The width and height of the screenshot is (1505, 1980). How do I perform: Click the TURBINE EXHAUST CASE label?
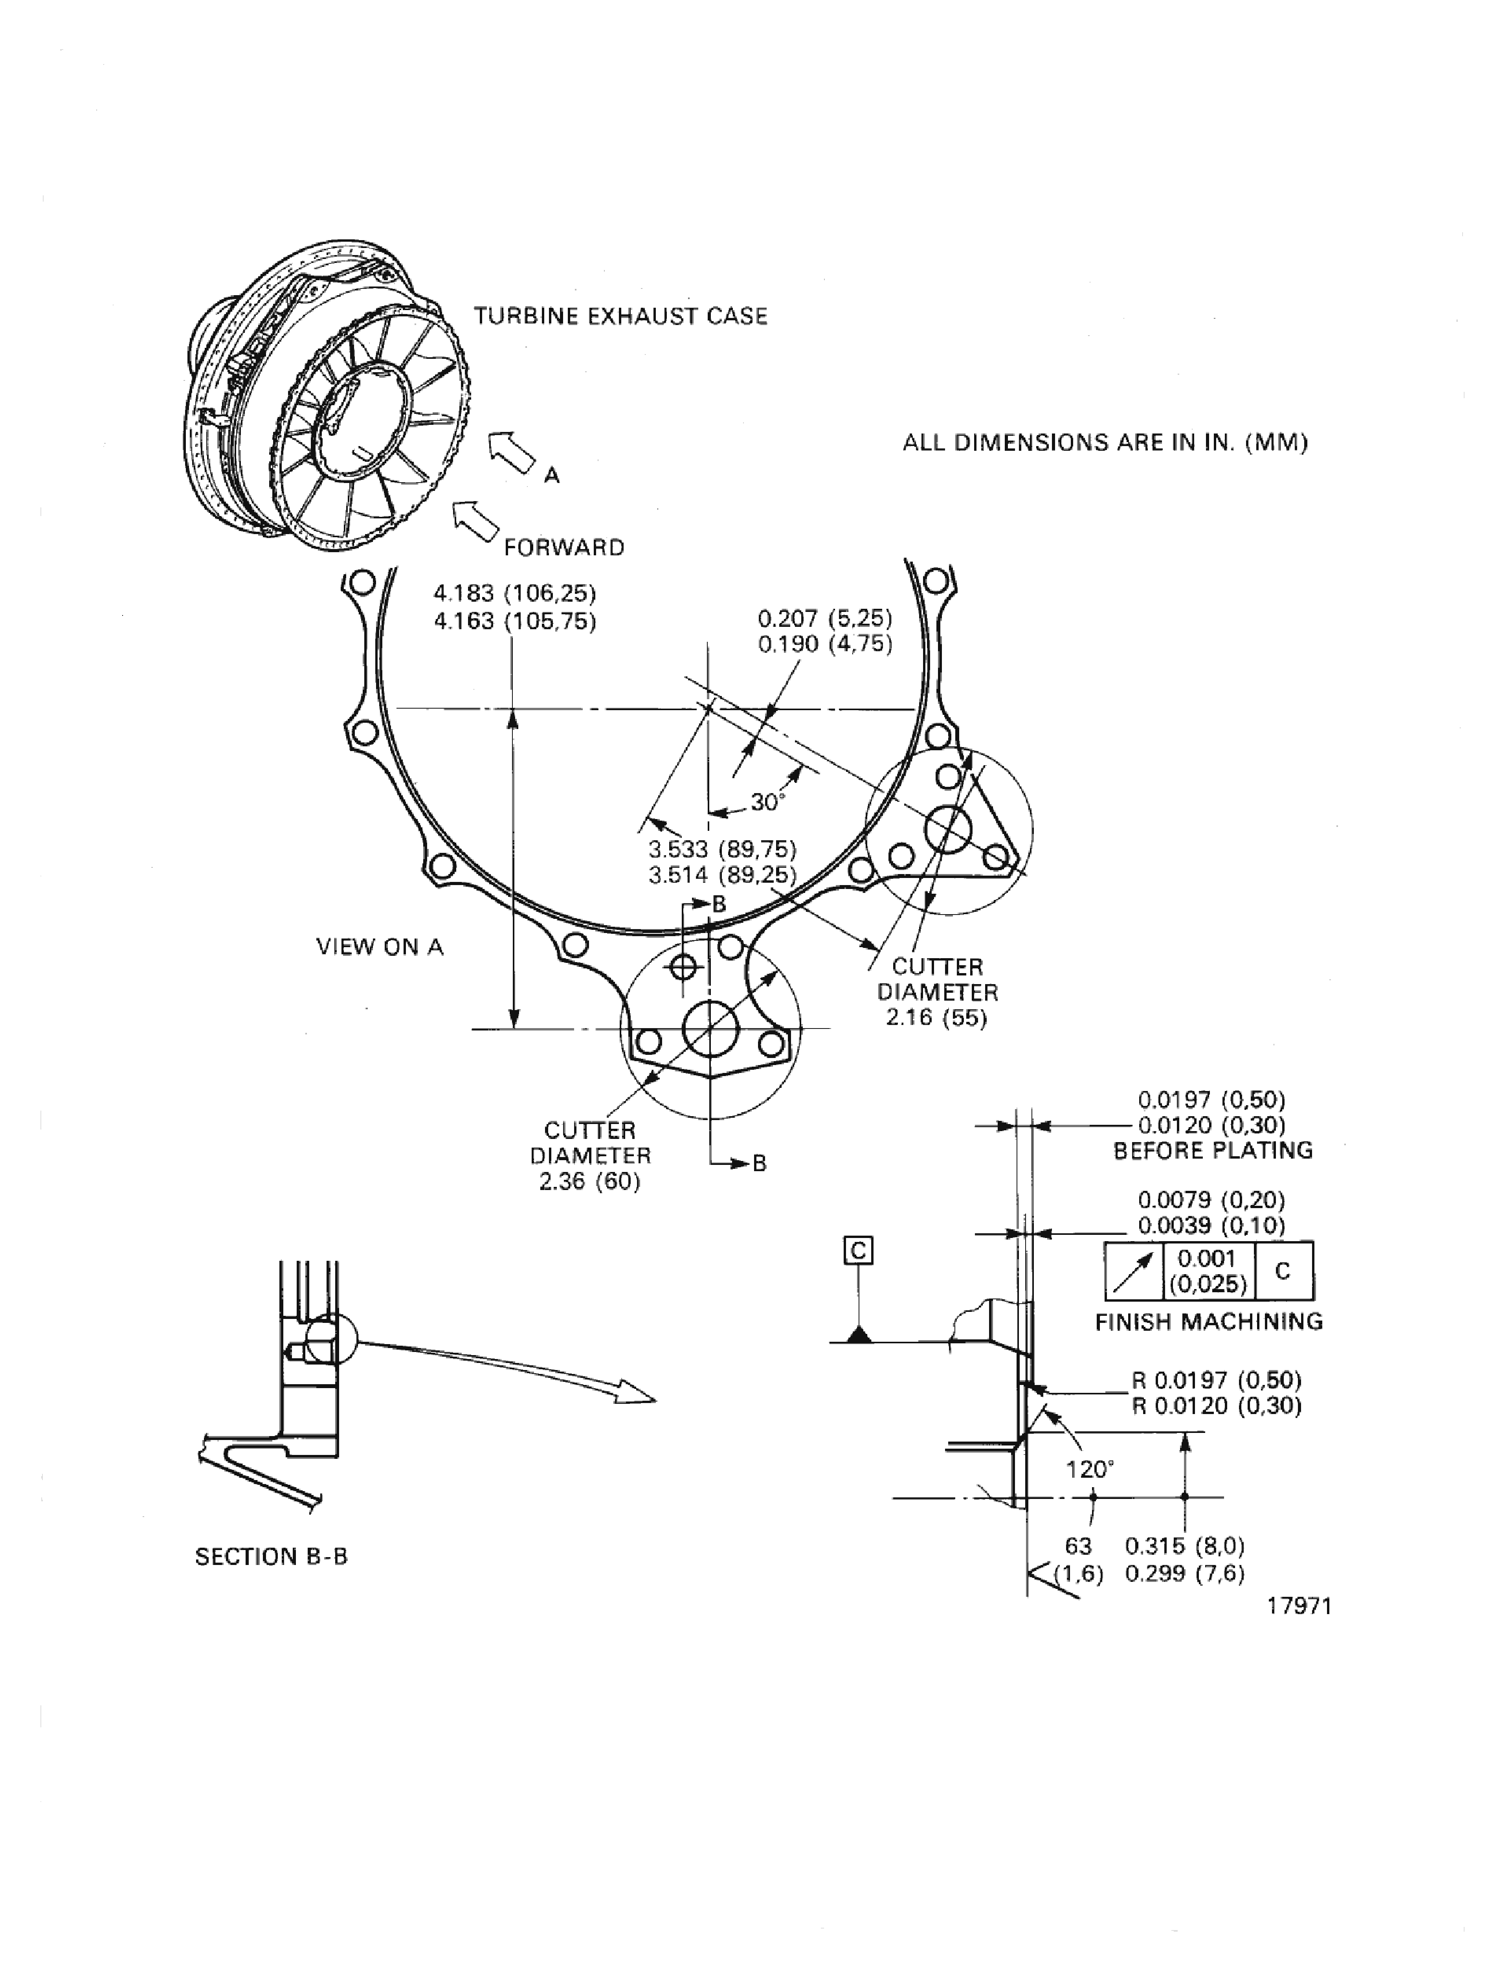(620, 316)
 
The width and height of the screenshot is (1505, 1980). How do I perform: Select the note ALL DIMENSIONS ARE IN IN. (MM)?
(1105, 443)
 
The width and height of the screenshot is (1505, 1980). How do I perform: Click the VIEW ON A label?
(380, 947)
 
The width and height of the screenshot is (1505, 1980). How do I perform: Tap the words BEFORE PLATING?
(1213, 1150)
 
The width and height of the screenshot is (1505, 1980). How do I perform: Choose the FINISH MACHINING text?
(1208, 1321)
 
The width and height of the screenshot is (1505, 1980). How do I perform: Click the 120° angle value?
(1090, 1469)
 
